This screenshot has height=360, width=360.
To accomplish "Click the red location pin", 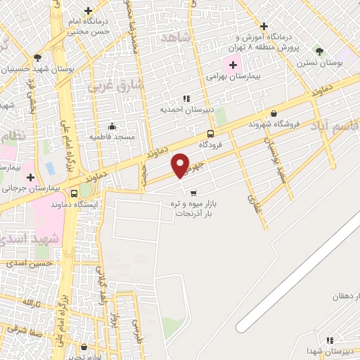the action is (181, 165).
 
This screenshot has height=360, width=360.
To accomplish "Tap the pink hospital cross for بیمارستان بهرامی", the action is (233, 65).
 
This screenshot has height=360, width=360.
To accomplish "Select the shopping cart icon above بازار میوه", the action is (193, 192).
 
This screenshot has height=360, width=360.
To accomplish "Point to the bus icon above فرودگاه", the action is (211, 134).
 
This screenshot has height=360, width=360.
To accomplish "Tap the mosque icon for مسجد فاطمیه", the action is (112, 126).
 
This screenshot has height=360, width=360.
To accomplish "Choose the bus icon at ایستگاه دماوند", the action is (74, 193).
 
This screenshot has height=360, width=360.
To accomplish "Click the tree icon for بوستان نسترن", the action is (320, 51).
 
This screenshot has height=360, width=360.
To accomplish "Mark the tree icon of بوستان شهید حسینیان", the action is (37, 58).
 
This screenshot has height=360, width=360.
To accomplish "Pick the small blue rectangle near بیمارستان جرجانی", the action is (49, 169).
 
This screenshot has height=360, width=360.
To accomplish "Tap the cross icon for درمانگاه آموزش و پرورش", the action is (264, 26).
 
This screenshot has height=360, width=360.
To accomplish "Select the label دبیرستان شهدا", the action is (330, 350).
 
